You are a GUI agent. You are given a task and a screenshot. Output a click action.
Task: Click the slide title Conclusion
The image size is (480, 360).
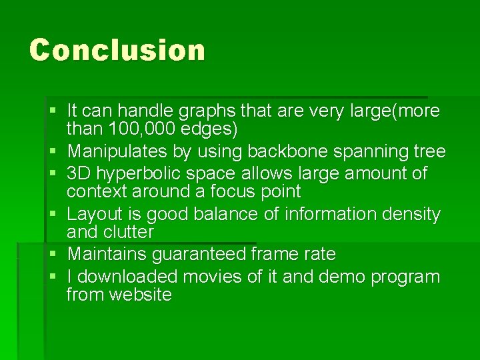117,50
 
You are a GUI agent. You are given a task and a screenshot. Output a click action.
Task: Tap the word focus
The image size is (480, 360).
223,192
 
